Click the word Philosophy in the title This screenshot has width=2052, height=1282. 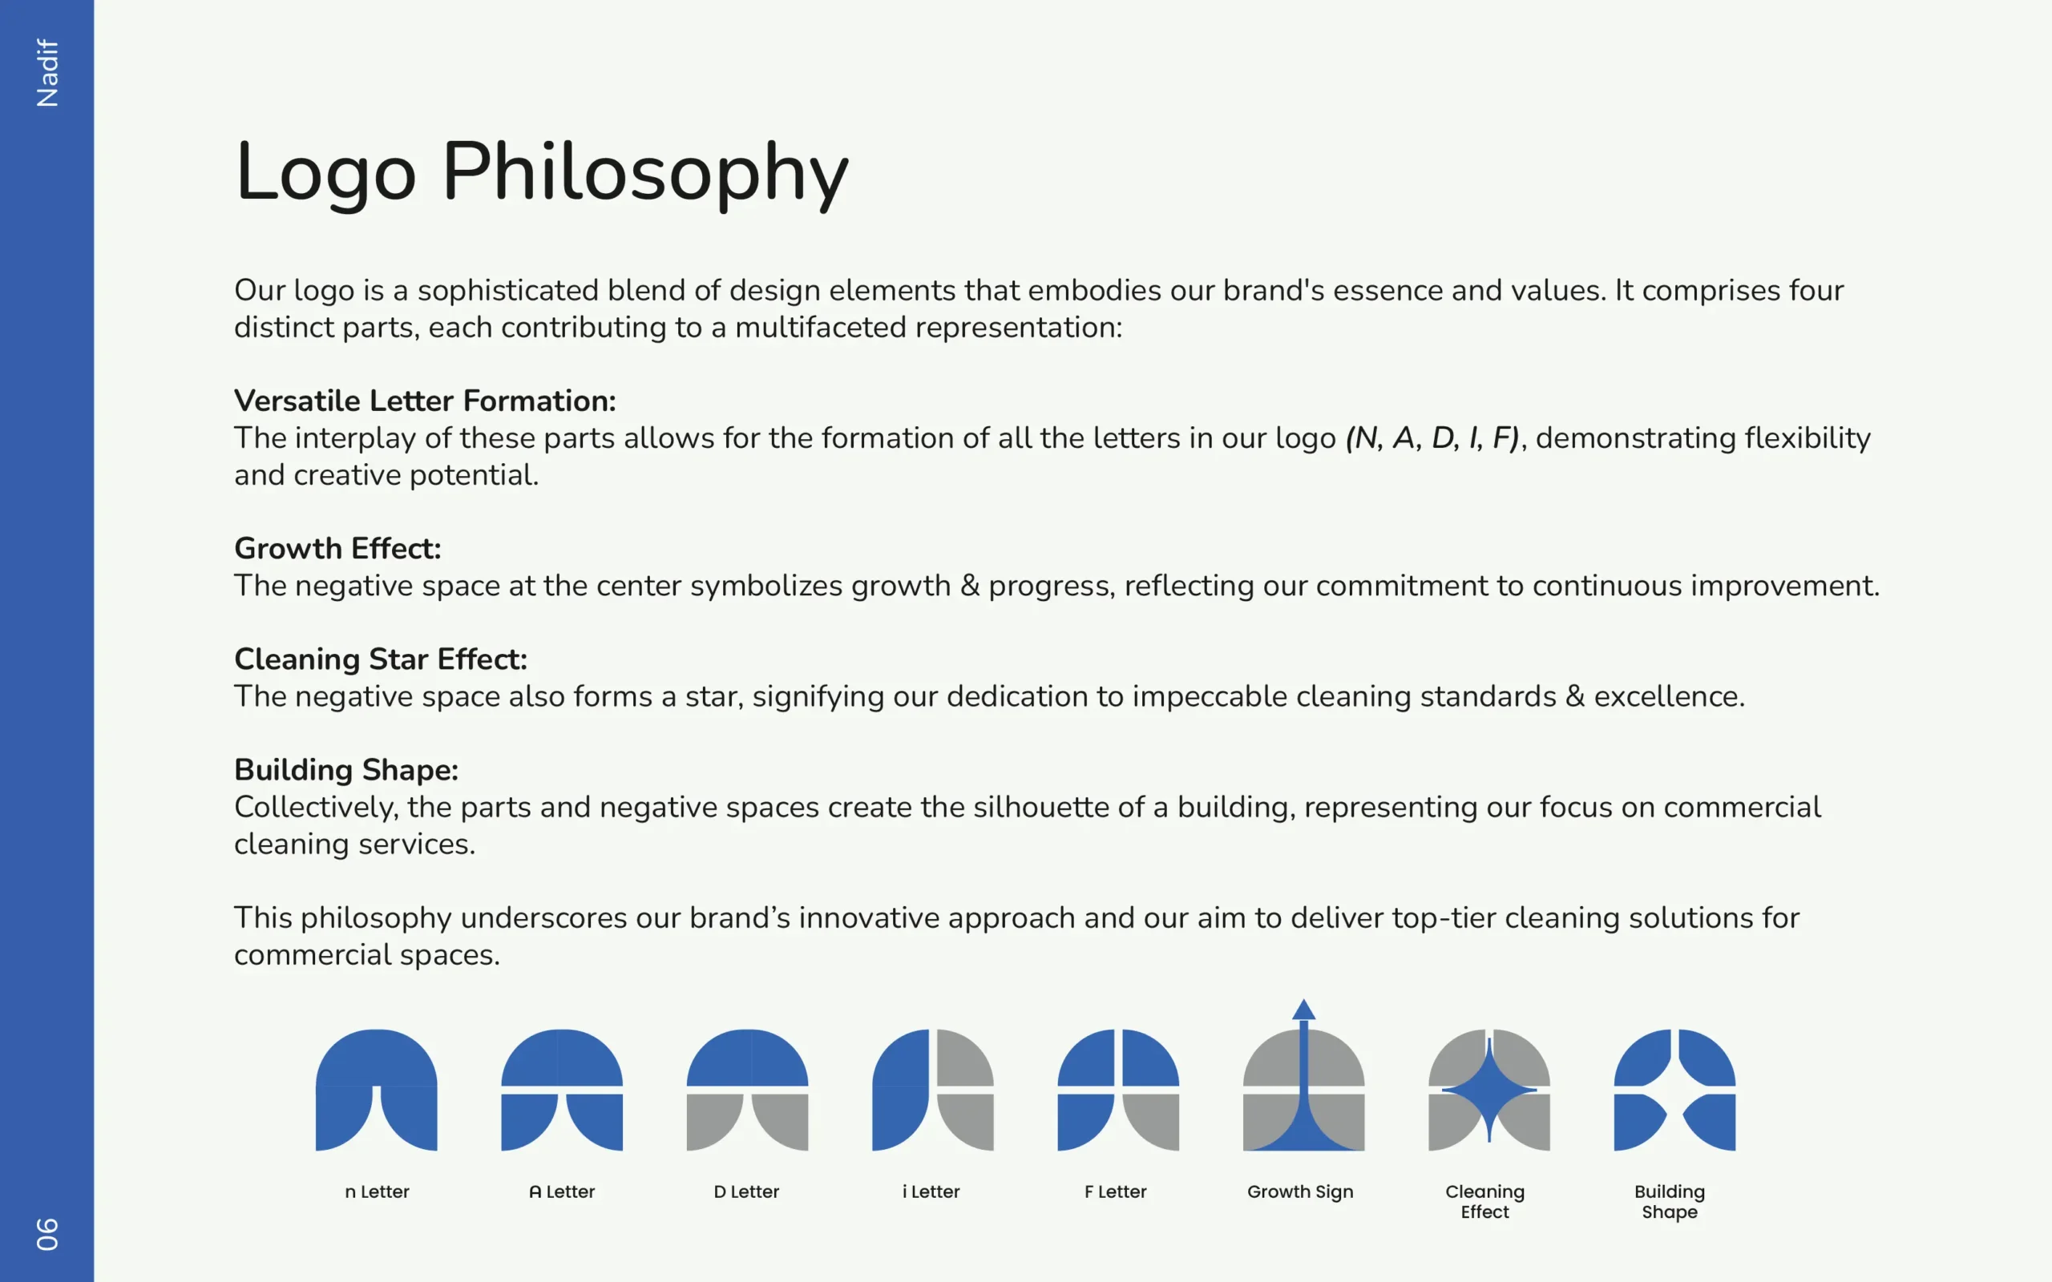(645, 173)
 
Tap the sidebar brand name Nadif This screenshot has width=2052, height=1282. (47, 73)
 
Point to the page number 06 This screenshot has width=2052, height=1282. (47, 1234)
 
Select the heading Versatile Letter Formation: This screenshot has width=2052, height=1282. (425, 400)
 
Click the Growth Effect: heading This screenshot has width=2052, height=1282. (337, 549)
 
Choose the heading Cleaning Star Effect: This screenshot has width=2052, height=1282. (381, 659)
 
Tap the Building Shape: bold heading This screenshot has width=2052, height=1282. (346, 770)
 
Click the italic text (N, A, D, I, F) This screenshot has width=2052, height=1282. (1432, 437)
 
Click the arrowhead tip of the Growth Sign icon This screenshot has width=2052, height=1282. (1304, 999)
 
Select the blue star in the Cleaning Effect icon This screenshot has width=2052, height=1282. (1489, 1091)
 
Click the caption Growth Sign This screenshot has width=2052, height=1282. (1300, 1192)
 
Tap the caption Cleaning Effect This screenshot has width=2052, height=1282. (1484, 1201)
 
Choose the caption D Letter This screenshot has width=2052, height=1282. (746, 1191)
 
